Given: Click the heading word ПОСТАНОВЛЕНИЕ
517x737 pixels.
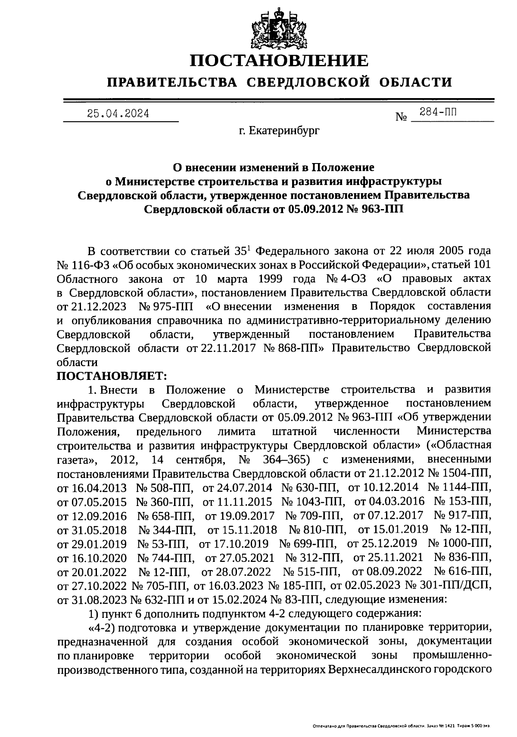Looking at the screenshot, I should tap(279, 61).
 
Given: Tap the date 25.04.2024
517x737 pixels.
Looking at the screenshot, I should tap(118, 114).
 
